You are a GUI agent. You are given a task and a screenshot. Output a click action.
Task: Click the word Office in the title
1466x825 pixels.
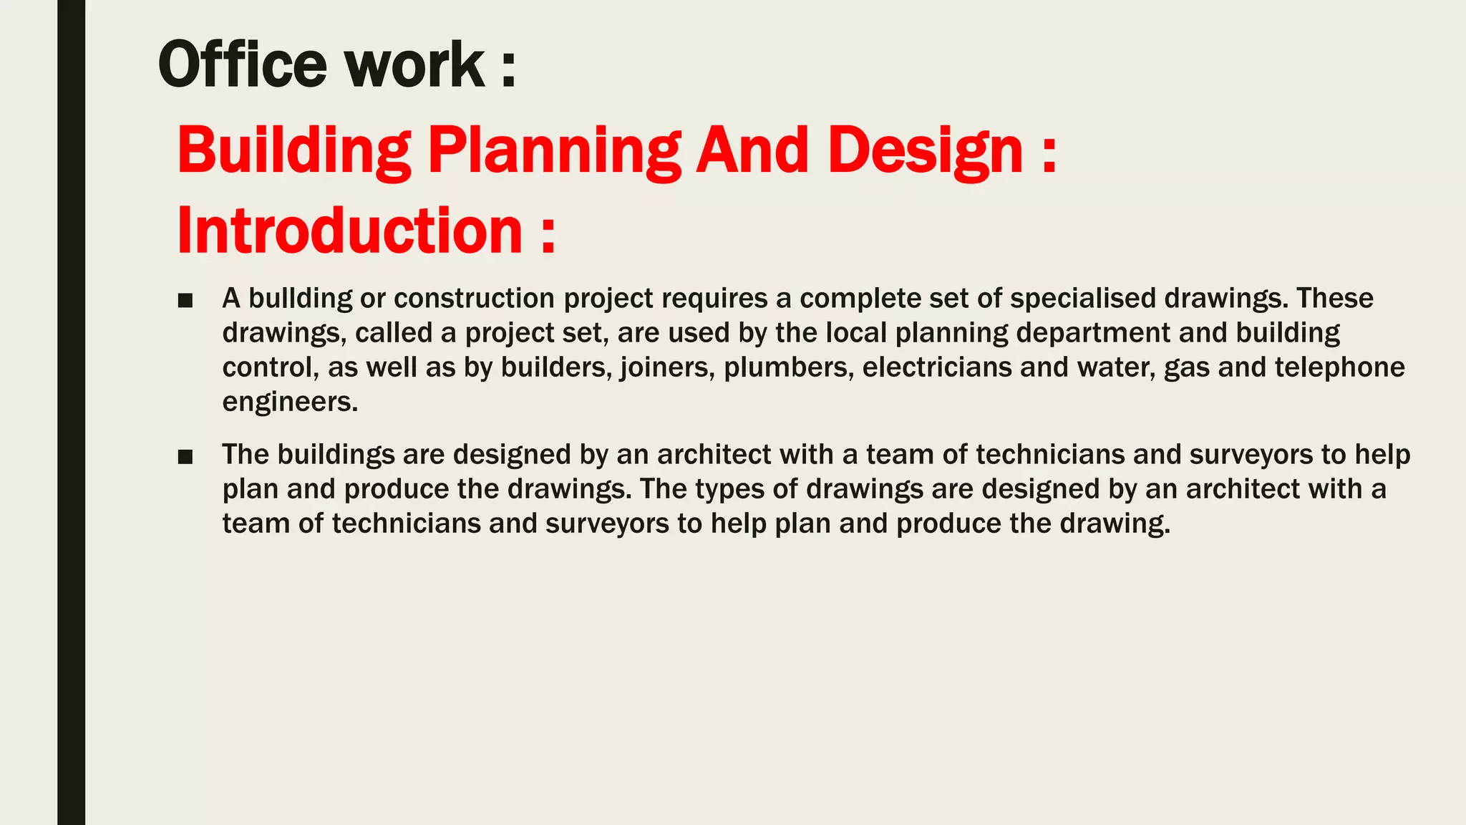pos(242,64)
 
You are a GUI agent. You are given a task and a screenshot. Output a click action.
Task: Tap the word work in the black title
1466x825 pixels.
pos(415,64)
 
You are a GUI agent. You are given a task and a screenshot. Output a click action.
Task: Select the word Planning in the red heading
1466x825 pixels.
pos(554,151)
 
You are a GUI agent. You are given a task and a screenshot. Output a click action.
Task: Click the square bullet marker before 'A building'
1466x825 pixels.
pos(185,301)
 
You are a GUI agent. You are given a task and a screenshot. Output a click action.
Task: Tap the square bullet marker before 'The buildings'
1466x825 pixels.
pos(185,457)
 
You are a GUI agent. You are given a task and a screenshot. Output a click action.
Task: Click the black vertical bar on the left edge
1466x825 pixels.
pos(71,412)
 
